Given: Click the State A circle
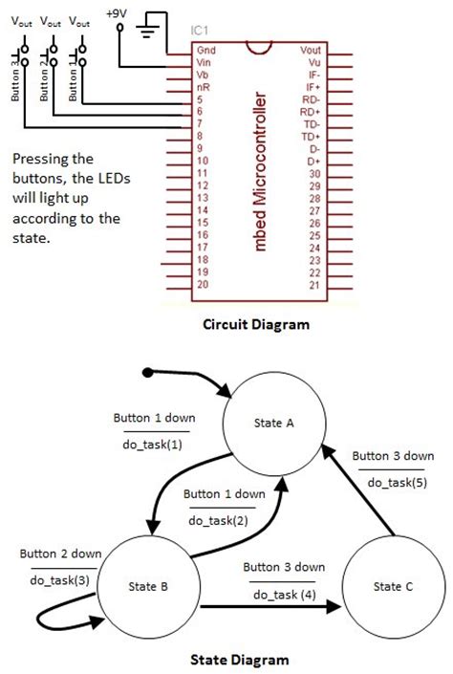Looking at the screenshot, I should pyautogui.click(x=275, y=424).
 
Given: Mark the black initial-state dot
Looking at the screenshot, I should pyautogui.click(x=147, y=371).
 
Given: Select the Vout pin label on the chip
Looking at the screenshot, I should pyautogui.click(x=312, y=49).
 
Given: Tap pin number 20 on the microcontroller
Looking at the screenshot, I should pyautogui.click(x=202, y=285).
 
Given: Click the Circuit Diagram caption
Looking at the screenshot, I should pyautogui.click(x=256, y=324).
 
